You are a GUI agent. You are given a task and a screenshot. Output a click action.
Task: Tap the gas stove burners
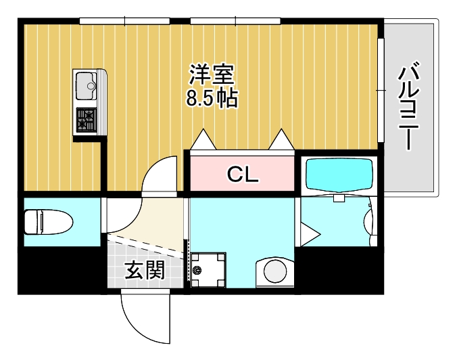click(87, 120)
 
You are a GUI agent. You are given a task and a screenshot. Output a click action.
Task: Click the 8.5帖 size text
click(211, 98)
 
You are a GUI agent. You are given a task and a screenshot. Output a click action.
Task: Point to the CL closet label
click(242, 175)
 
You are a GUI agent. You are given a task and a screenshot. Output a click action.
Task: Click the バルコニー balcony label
click(410, 107)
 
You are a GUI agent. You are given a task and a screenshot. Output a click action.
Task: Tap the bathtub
click(339, 175)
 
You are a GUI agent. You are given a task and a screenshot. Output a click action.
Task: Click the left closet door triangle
click(203, 140)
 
